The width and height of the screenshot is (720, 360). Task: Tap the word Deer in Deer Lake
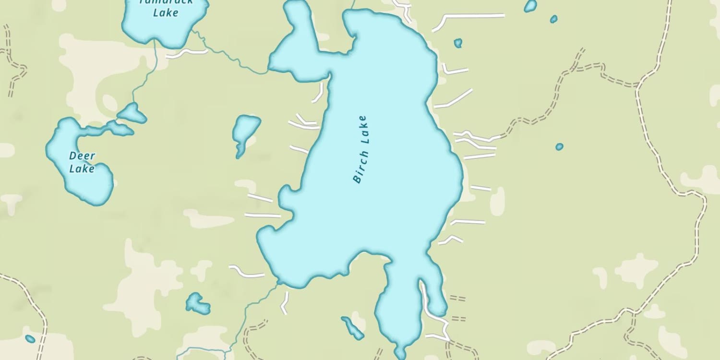(82, 156)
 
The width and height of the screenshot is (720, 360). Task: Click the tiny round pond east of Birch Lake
(559, 146)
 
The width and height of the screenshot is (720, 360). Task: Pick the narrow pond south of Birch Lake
(353, 327)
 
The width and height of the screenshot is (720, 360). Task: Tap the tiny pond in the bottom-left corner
(30, 339)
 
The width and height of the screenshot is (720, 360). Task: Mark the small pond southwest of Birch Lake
(197, 303)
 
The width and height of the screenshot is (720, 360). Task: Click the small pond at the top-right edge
(530, 6)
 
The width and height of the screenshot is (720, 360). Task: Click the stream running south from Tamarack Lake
(146, 77)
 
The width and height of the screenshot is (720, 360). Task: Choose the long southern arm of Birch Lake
(398, 307)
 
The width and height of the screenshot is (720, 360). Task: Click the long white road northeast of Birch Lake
(473, 16)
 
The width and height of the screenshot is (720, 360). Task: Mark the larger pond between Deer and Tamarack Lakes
(132, 113)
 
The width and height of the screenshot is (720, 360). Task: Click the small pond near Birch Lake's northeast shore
(458, 43)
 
